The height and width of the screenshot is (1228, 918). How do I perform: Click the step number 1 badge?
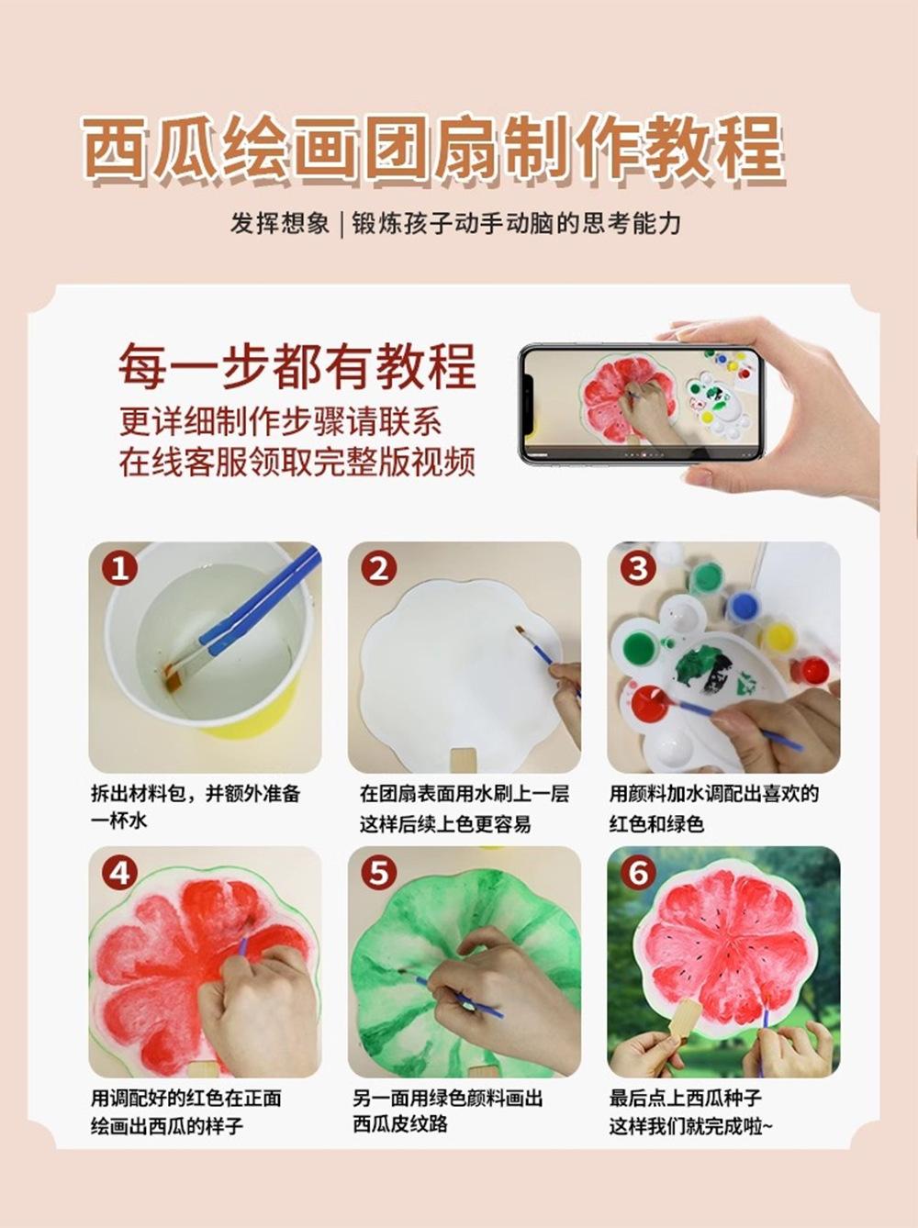[119, 568]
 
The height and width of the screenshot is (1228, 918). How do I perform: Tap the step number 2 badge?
[378, 568]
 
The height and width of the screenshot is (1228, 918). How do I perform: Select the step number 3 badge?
[638, 568]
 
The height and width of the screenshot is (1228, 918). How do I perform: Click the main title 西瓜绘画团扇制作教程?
[431, 147]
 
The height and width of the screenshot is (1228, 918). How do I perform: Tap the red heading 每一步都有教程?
[297, 366]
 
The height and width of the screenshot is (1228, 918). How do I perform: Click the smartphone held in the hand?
[641, 404]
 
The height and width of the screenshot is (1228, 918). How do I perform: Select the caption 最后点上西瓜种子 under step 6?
[685, 1098]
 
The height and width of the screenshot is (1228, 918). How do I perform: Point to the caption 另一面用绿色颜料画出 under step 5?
[447, 1098]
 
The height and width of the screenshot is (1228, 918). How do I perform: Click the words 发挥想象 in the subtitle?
[279, 223]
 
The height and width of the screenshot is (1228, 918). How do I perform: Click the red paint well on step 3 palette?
[649, 703]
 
